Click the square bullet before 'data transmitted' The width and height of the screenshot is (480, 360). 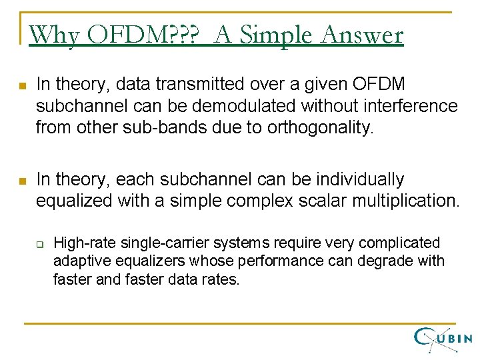(22, 86)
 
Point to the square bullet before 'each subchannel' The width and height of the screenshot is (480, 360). (22, 181)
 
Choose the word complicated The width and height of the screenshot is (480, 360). (403, 243)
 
